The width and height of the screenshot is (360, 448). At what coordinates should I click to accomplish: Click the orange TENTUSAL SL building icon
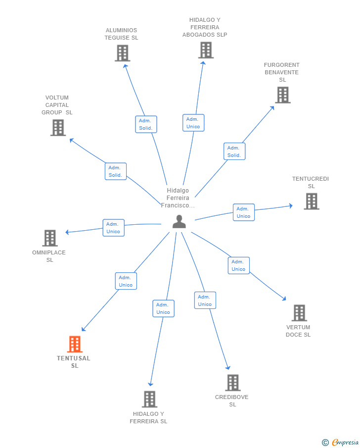75,344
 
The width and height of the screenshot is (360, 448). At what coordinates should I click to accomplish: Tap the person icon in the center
179,222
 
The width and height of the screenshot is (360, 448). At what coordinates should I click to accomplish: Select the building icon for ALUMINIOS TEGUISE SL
122,53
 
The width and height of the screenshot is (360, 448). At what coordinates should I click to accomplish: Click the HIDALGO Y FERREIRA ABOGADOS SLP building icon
206,50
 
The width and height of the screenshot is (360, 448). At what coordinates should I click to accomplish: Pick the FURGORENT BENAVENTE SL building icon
282,95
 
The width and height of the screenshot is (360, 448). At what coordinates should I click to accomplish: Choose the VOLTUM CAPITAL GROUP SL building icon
58,127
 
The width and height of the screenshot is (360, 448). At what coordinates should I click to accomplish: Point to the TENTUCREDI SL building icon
311,201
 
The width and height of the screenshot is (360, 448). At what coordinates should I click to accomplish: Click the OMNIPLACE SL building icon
50,238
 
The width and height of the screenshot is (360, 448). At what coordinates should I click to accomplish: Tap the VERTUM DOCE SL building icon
299,313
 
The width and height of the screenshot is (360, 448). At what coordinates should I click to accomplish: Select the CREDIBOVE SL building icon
233,383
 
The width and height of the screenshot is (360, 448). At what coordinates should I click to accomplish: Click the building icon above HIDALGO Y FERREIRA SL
149,399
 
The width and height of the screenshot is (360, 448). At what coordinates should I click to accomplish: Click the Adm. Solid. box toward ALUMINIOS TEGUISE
146,124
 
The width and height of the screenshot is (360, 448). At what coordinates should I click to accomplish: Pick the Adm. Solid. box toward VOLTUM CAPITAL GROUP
116,171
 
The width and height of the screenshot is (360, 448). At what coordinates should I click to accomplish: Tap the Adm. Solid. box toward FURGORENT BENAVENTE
234,151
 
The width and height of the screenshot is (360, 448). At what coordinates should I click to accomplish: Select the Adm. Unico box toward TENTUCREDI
244,212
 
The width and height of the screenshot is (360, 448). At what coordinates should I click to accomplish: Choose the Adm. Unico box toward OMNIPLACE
114,228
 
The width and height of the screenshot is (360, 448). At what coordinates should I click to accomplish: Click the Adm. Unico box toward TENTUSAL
126,281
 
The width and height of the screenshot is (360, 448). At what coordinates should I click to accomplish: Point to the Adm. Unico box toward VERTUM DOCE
239,265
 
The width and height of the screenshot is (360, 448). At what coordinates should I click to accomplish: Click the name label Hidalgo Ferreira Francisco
178,198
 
